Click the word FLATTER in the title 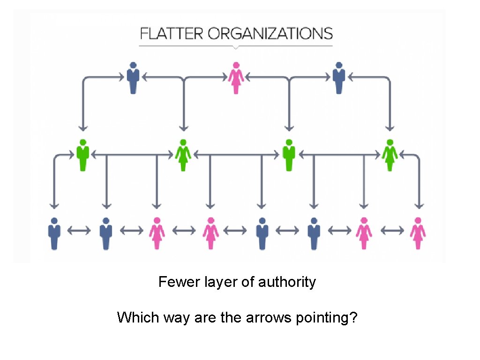[172, 34]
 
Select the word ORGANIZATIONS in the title [270, 34]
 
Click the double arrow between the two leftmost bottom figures [80, 231]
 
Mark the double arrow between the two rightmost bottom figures [392, 231]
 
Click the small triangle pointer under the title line [236, 47]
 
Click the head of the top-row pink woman [236, 65]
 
